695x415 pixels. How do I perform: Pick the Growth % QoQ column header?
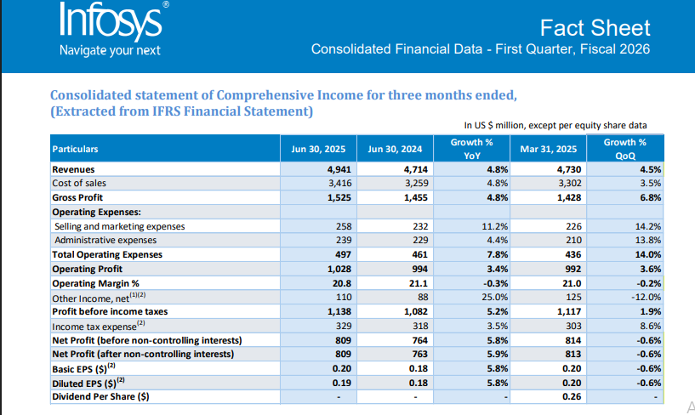pos(624,149)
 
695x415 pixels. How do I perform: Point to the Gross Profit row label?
pos(79,197)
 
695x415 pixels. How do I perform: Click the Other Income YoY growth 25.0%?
pos(493,297)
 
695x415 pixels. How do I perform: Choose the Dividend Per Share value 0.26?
pos(571,397)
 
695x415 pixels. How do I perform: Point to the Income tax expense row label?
pos(99,326)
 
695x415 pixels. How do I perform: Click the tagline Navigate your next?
pos(110,50)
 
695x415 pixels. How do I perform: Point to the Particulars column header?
pos(76,149)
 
